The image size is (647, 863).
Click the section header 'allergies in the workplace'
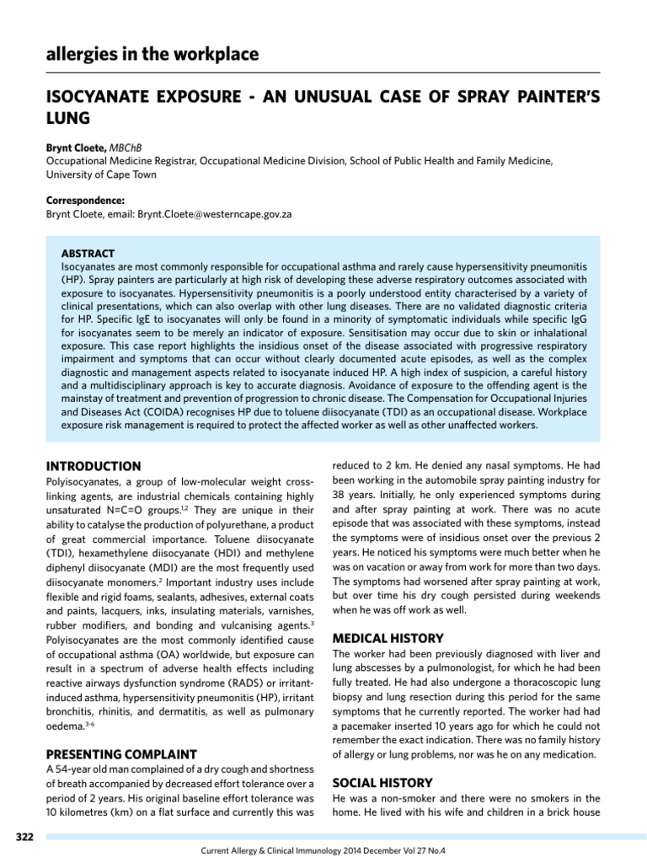[152, 55]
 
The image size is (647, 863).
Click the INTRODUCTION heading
[93, 466]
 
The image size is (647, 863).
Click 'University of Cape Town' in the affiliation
[101, 174]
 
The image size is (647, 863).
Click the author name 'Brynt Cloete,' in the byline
[75, 148]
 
